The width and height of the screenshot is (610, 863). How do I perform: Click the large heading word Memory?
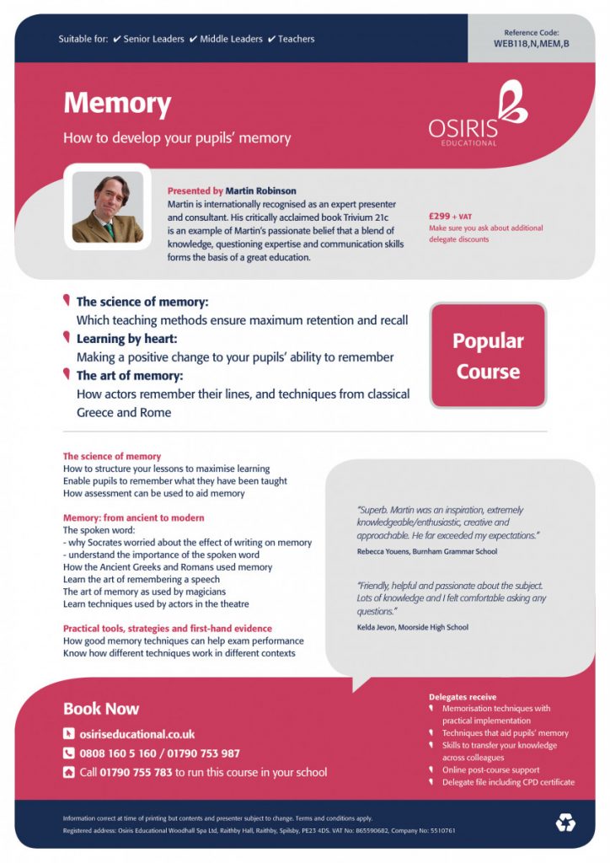click(x=117, y=104)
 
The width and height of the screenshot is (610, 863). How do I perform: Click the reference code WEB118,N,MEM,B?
click(x=531, y=43)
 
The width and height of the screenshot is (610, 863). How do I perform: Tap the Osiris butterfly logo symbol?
click(x=512, y=101)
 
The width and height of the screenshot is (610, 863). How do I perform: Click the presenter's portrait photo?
click(x=108, y=207)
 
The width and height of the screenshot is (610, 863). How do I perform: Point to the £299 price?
click(x=441, y=216)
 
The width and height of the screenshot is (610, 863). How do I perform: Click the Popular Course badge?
click(x=488, y=356)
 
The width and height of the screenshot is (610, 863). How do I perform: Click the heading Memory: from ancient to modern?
click(x=134, y=517)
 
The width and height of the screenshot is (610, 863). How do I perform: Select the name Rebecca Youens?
click(x=383, y=552)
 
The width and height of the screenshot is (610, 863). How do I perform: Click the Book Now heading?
click(x=101, y=709)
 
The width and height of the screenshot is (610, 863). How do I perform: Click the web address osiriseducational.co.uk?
click(x=137, y=734)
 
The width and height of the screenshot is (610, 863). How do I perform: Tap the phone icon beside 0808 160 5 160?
click(x=69, y=753)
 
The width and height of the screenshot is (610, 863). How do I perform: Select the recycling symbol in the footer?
click(x=565, y=822)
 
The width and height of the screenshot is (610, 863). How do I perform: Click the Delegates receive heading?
click(x=463, y=697)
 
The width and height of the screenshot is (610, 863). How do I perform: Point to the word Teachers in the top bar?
click(x=296, y=39)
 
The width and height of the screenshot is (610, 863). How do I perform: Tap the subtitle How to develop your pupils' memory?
click(x=177, y=138)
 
